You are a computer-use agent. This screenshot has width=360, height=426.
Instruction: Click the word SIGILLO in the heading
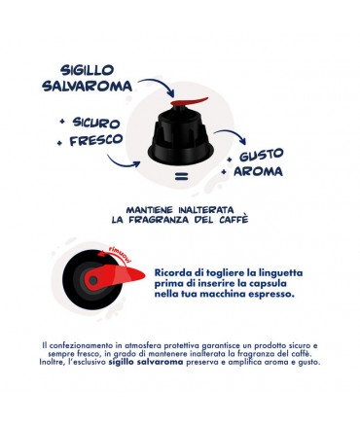[88, 70]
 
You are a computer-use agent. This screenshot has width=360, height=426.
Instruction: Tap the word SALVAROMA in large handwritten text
[88, 87]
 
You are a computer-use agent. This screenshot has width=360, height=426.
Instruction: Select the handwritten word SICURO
[96, 123]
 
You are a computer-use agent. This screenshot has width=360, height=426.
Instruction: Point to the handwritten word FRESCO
[96, 140]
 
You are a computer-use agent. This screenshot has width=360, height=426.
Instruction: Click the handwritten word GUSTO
[261, 155]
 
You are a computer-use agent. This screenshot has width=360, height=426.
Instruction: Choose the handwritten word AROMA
[258, 171]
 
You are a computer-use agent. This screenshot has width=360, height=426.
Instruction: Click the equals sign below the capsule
[182, 177]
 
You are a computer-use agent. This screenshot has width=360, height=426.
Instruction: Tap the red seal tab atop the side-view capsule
[189, 101]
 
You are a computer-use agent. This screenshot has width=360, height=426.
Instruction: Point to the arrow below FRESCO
[124, 162]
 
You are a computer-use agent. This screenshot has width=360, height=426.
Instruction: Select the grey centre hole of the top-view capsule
[93, 280]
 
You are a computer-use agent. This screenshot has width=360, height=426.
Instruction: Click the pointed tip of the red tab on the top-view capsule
[144, 276]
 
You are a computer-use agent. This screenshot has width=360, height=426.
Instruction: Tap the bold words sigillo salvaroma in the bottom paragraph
[146, 362]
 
